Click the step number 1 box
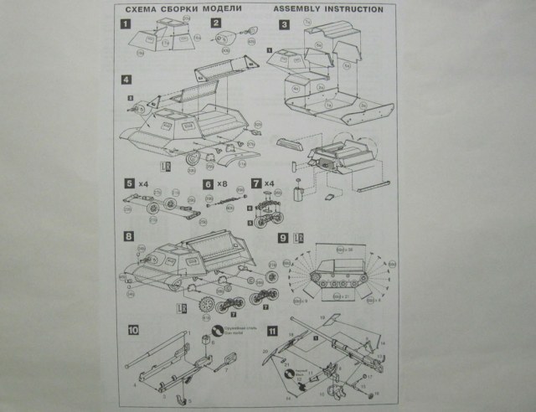[x=127, y=25]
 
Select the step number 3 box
[x=286, y=25]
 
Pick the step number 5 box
[x=128, y=183]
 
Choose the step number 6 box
[x=209, y=183]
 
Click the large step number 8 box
[x=127, y=236]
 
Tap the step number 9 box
[x=285, y=236]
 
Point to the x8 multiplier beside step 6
[x=223, y=183]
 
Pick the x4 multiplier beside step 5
[x=143, y=183]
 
